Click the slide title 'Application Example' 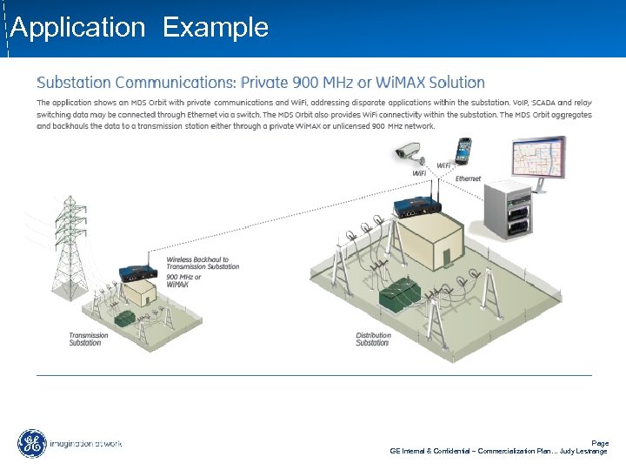point(139,28)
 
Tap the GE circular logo point(32,444)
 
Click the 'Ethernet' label point(468,178)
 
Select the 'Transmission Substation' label point(89,339)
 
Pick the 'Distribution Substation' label point(373,339)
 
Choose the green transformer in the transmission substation point(129,318)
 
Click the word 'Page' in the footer point(600,443)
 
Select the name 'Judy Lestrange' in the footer point(584,451)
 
